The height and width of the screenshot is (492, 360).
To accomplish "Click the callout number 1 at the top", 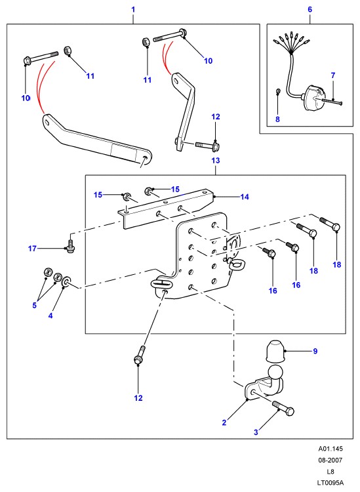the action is click(x=133, y=9).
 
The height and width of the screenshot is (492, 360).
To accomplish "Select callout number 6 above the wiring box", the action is click(x=310, y=9).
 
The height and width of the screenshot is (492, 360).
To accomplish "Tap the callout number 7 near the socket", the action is click(x=333, y=75).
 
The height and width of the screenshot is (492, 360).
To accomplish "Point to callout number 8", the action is click(x=277, y=119).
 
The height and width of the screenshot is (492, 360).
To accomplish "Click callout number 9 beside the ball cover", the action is click(x=315, y=351).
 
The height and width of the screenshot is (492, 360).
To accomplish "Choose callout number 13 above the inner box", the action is click(x=216, y=161).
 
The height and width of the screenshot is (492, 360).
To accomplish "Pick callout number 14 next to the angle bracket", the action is click(x=245, y=197).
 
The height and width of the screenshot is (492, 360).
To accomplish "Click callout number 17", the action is click(x=32, y=249).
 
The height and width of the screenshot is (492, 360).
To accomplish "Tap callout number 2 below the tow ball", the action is click(x=224, y=422).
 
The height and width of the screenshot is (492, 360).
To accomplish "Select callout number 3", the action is click(x=256, y=432).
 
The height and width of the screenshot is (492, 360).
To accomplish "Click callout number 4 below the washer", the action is click(x=50, y=316).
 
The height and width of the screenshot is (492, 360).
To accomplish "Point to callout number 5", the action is click(x=35, y=305).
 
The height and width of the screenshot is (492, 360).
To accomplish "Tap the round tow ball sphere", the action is click(x=276, y=373).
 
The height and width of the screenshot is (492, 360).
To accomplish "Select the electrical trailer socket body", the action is click(x=313, y=98).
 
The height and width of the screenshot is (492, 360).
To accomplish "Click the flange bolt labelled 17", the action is click(x=70, y=246).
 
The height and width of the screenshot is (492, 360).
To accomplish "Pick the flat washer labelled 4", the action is click(x=66, y=281).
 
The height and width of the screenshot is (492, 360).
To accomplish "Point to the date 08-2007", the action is click(x=330, y=461).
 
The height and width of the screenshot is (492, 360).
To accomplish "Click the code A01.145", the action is click(x=330, y=449).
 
